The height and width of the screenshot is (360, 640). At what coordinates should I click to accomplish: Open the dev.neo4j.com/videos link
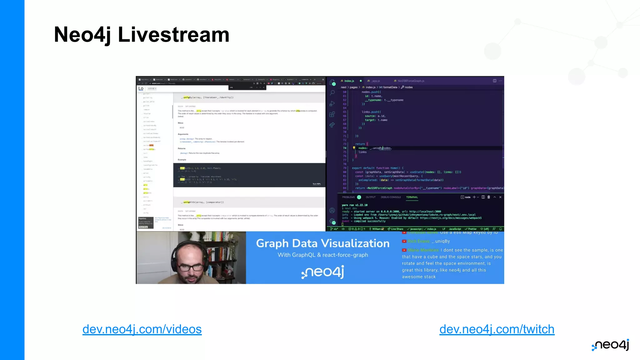pyautogui.click(x=142, y=329)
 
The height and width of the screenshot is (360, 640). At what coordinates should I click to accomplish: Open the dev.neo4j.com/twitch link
pyautogui.click(x=497, y=329)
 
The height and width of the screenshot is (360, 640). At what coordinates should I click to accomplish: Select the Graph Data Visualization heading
pyautogui.click(x=323, y=243)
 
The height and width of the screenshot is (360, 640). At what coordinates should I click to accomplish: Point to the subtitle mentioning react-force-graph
pyautogui.click(x=323, y=255)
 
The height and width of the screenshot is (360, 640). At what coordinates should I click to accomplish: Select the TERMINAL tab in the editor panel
pyautogui.click(x=412, y=197)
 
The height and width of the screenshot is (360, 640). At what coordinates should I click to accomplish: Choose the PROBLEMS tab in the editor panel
pyautogui.click(x=348, y=197)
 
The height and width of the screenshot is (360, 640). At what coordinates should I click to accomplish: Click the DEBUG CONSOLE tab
pyautogui.click(x=391, y=197)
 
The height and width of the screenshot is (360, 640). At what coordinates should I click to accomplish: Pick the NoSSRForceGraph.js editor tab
pyautogui.click(x=411, y=81)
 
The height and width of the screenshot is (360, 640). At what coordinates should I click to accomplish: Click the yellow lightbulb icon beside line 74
pyautogui.click(x=354, y=148)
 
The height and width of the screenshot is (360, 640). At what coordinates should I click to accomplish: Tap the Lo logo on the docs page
pyautogui.click(x=141, y=88)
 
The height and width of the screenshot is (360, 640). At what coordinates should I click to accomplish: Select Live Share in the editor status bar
pyautogui.click(x=396, y=229)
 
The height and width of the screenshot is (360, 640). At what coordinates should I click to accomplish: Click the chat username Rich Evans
pyautogui.click(x=418, y=241)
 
